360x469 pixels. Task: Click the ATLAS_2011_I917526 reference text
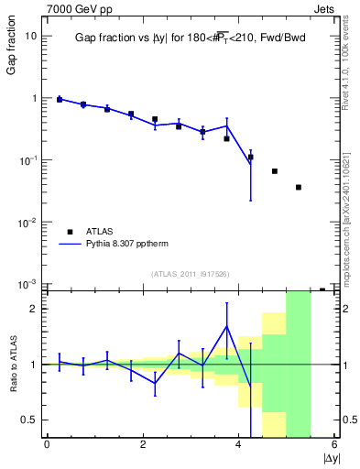coord(191,275)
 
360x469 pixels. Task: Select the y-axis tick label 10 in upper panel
coord(30,36)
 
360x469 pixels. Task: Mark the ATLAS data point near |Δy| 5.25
coord(299,187)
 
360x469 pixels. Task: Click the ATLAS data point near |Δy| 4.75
coord(275,171)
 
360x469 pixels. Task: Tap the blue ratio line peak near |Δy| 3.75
coord(226,326)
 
